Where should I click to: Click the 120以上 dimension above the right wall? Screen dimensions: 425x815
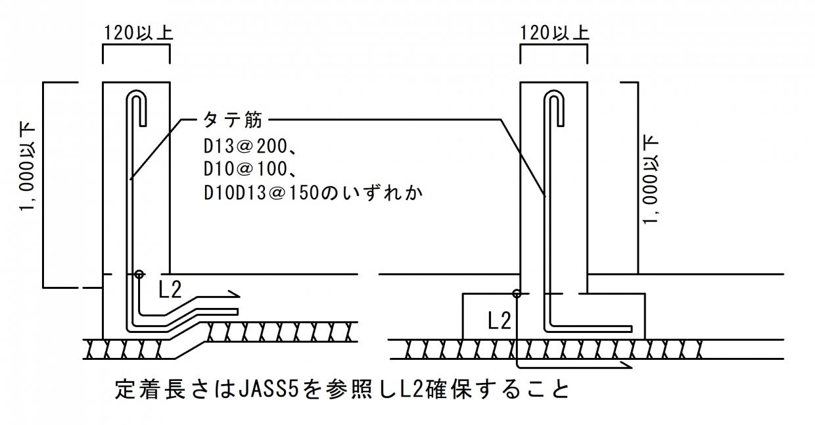coord(554,32)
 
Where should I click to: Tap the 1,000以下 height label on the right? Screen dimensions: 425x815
coord(652,179)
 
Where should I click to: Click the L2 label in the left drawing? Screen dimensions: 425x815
coord(170,290)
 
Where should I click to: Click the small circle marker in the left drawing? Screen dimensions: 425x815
coord(139,274)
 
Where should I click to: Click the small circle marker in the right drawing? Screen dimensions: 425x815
coord(517,293)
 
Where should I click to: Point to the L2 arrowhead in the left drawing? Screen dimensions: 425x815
coord(233,293)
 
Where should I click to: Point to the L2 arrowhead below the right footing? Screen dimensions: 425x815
coord(624,364)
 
